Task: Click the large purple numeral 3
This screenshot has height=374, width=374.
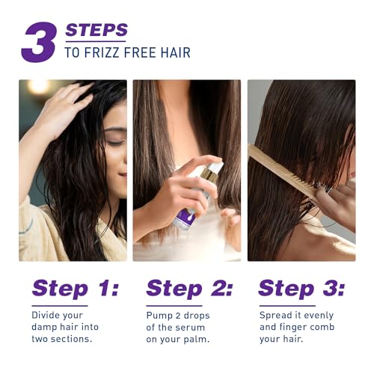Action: pyautogui.click(x=39, y=42)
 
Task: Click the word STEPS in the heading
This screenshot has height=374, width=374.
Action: pyautogui.click(x=96, y=30)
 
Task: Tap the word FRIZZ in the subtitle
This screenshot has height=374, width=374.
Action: pyautogui.click(x=102, y=52)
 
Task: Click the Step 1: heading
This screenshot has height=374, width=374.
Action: pyautogui.click(x=76, y=289)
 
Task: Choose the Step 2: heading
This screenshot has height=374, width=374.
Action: pyautogui.click(x=189, y=289)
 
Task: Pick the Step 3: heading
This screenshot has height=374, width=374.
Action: pyautogui.click(x=301, y=289)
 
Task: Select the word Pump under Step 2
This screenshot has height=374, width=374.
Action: pyautogui.click(x=159, y=316)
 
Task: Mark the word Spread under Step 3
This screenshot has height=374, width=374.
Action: pyautogui.click(x=275, y=316)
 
